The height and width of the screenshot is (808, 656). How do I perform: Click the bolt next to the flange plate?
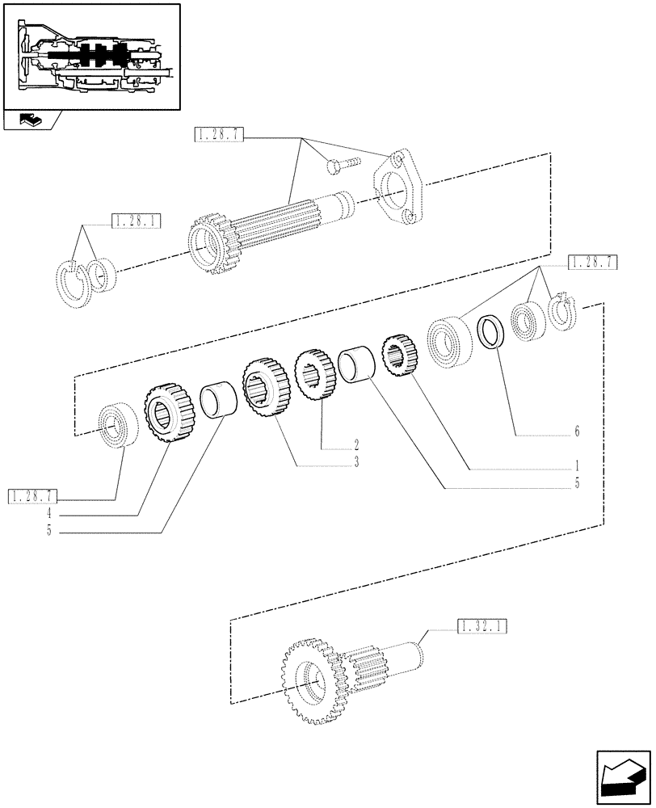tap(339, 166)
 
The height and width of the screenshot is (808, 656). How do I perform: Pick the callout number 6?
tap(577, 432)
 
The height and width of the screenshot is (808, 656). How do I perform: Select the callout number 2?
tap(355, 444)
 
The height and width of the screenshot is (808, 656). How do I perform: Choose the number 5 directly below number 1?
tap(577, 485)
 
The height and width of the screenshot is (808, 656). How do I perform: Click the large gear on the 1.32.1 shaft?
tap(308, 674)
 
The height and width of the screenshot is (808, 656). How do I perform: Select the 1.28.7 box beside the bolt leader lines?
tap(219, 135)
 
